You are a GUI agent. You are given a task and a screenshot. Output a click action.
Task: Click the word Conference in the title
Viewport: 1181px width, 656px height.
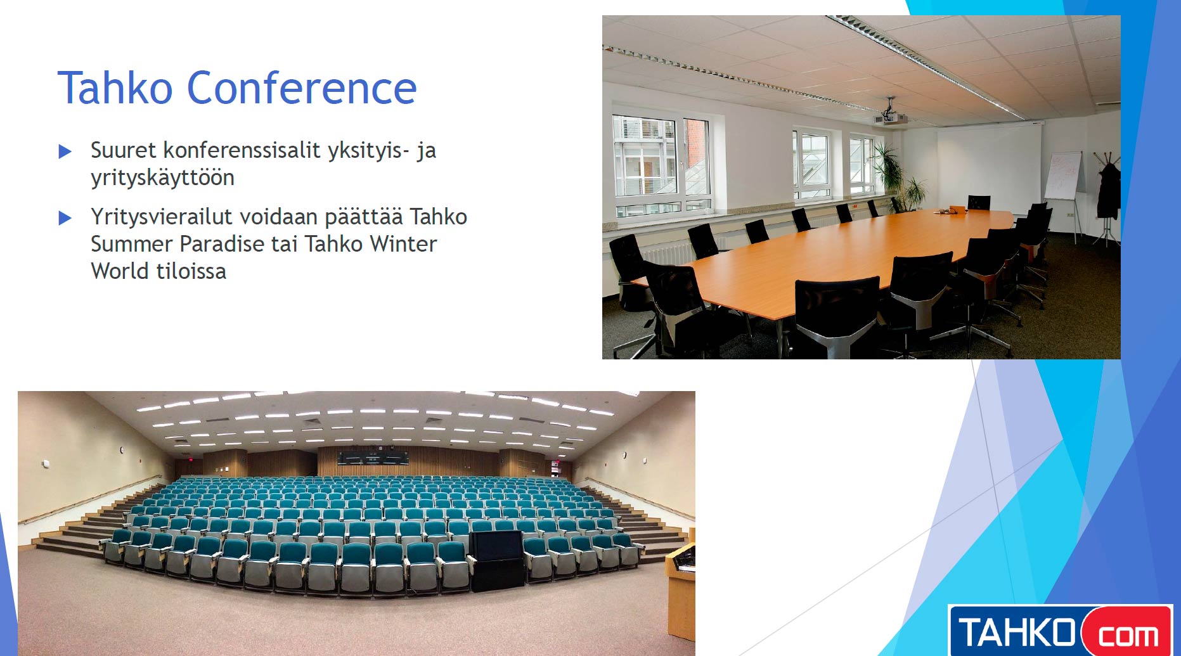(x=302, y=87)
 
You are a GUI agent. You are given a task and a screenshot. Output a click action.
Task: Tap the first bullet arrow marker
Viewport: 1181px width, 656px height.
(x=65, y=151)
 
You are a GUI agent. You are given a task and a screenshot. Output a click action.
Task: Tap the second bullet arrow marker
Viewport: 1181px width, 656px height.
(x=65, y=218)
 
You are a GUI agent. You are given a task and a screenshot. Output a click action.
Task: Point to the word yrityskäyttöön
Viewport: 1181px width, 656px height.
(x=162, y=178)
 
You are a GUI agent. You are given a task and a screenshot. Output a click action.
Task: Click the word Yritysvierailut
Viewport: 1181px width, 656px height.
(x=162, y=217)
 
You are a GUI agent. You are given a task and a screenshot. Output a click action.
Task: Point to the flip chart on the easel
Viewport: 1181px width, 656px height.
(x=1063, y=176)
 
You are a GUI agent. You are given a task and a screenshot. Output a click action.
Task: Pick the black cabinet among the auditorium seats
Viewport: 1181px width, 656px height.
(x=496, y=560)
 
